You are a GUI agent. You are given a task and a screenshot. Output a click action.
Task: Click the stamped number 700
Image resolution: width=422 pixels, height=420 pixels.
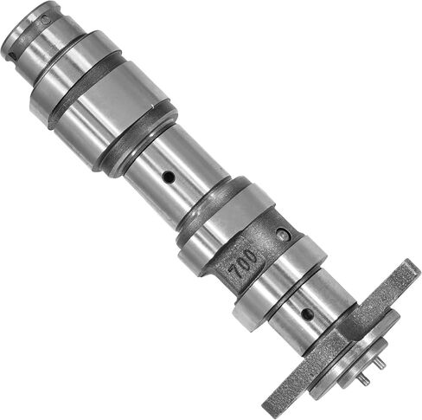(243, 263)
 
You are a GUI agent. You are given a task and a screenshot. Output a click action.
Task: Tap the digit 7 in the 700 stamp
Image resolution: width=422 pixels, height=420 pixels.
(234, 272)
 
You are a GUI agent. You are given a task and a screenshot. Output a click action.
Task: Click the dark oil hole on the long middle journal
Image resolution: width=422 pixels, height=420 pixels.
(169, 177)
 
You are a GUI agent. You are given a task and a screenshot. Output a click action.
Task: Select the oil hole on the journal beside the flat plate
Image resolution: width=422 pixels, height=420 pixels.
(307, 313)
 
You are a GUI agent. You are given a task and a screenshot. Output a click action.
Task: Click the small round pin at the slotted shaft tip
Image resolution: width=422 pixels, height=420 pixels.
(46, 20)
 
